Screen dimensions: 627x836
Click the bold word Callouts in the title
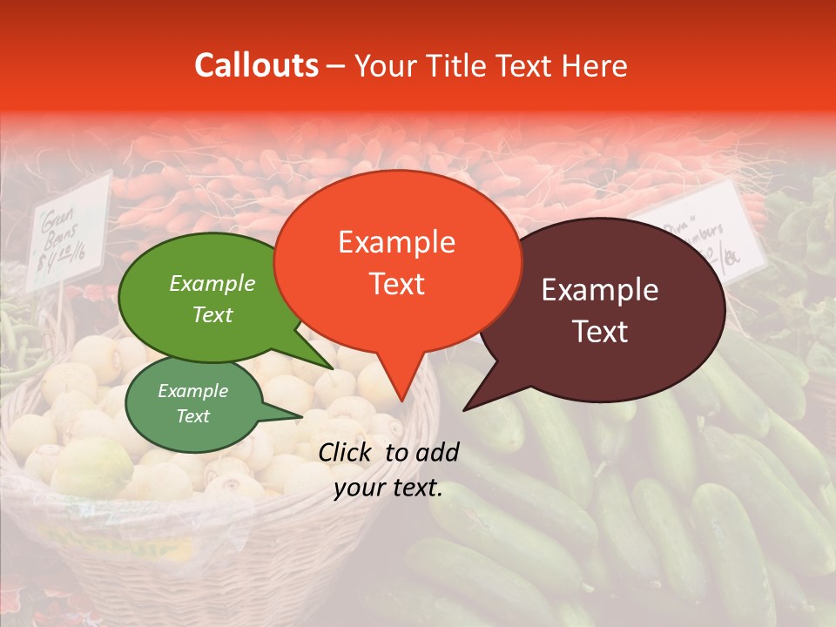tap(256, 66)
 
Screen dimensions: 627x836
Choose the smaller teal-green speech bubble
tap(193, 402)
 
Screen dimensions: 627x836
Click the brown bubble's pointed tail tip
tap(464, 409)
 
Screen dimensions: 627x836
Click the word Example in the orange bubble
tap(397, 242)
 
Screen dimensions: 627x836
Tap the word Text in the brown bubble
tap(601, 332)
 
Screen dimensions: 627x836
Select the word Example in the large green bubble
tap(212, 283)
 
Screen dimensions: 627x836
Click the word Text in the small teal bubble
tap(193, 416)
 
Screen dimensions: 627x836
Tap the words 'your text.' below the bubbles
tap(388, 489)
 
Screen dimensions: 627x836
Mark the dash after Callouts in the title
tap(337, 66)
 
